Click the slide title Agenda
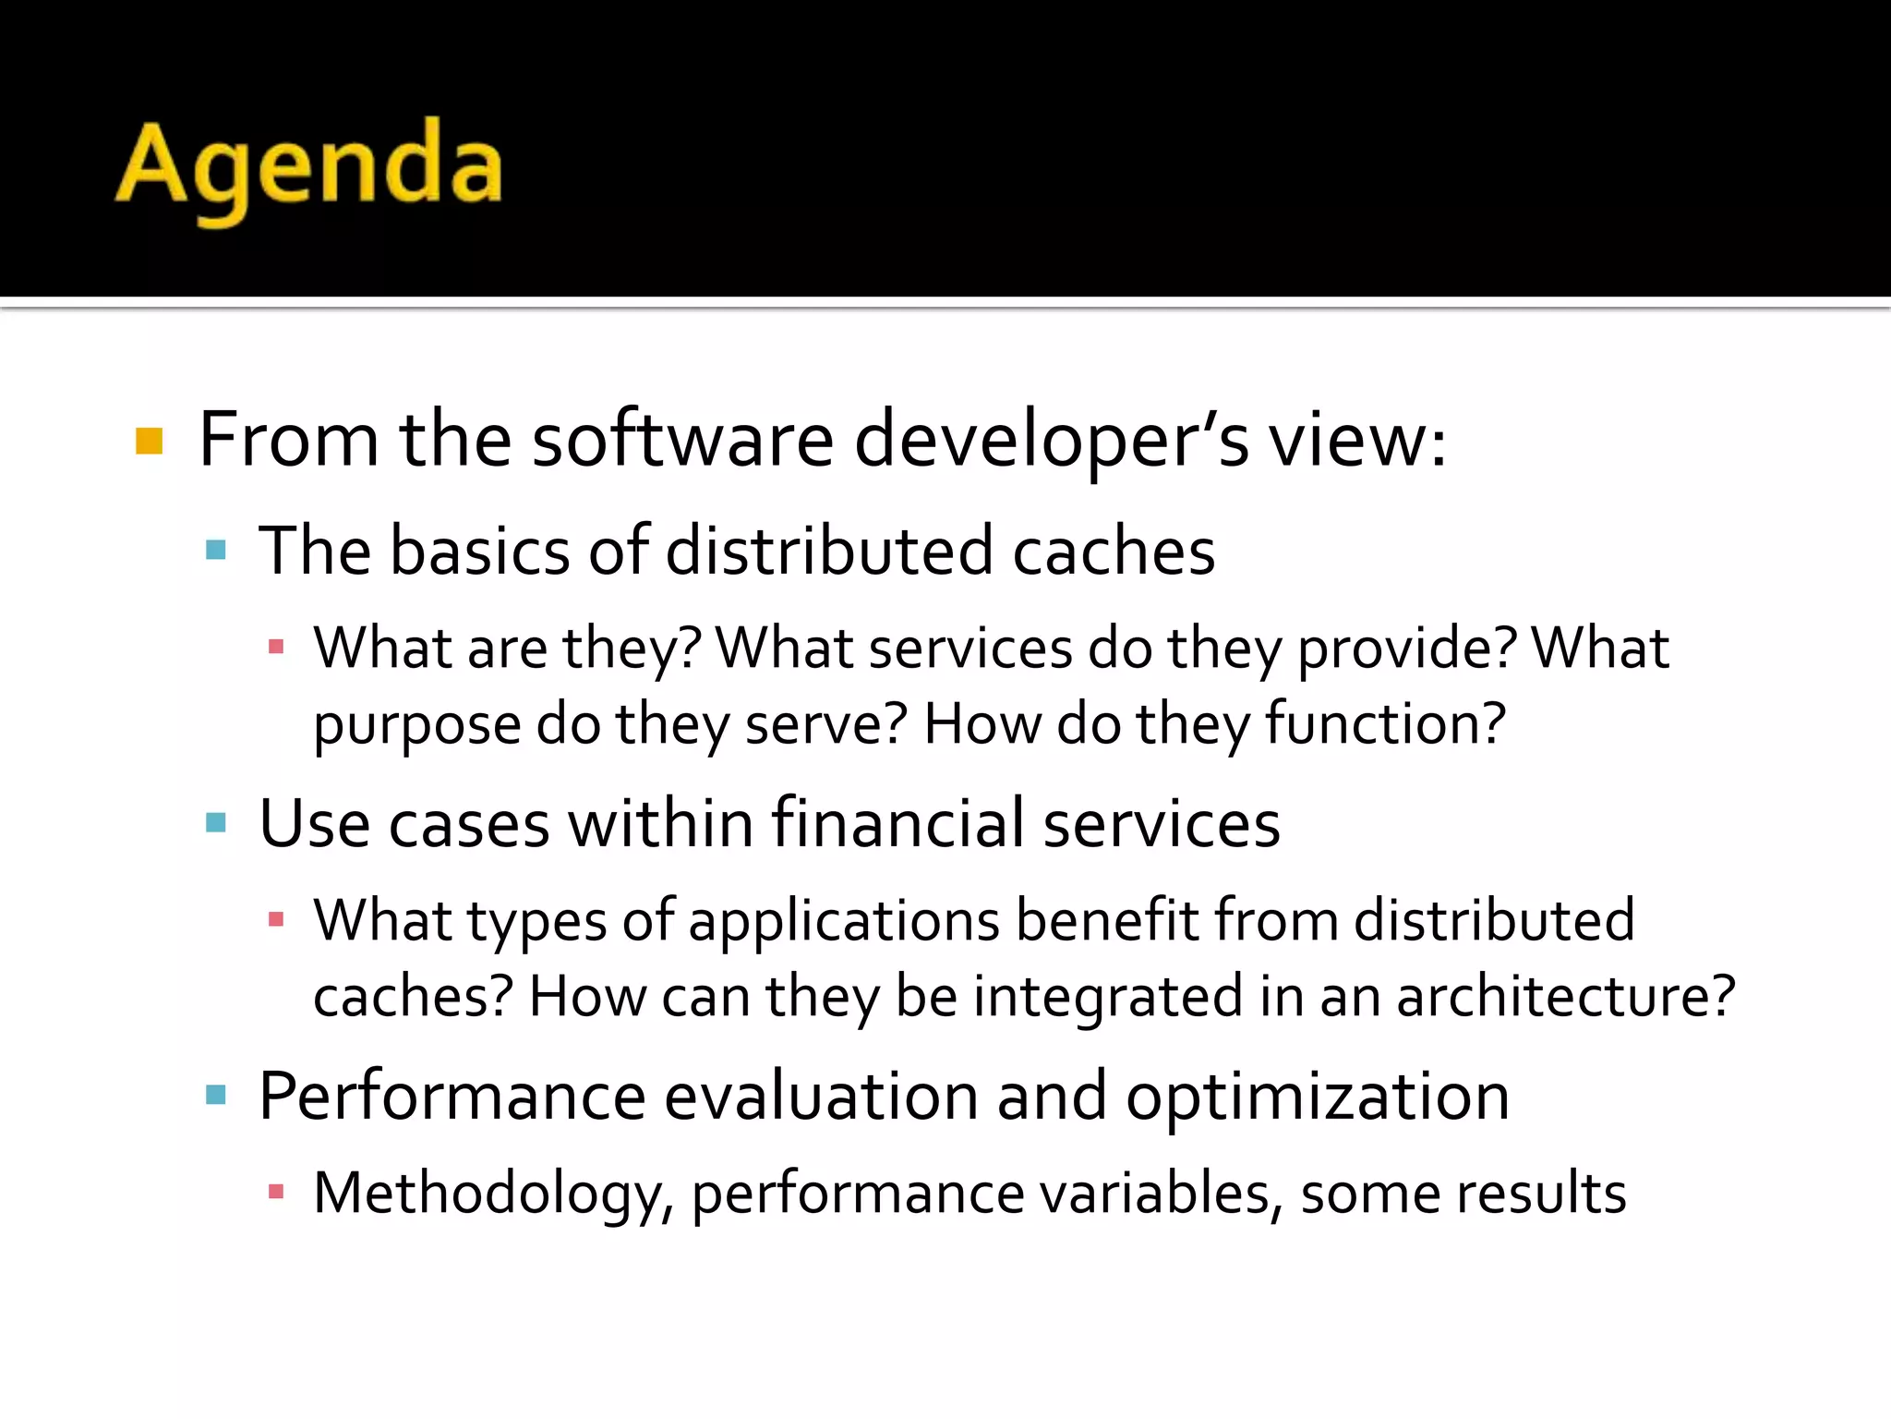click(309, 166)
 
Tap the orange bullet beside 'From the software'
click(149, 441)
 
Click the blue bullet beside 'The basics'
click(216, 551)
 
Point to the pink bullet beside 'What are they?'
click(275, 647)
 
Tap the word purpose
click(416, 726)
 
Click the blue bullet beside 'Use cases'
click(216, 822)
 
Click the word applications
click(844, 922)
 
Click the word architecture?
click(1566, 997)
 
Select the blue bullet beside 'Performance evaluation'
click(216, 1096)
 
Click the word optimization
click(1318, 1098)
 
